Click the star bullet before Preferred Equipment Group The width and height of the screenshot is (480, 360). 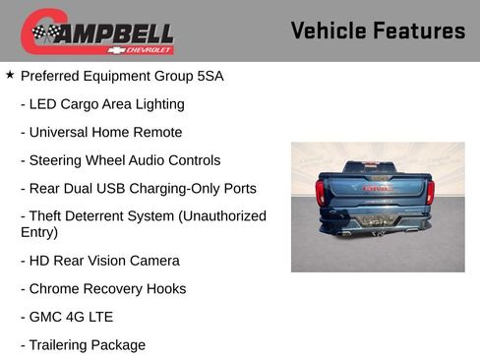click(10, 75)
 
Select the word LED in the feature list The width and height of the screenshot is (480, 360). click(44, 104)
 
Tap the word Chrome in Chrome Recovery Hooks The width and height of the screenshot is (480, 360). click(54, 289)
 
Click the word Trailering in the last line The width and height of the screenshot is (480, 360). click(61, 345)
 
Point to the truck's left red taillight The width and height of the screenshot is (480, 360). click(321, 191)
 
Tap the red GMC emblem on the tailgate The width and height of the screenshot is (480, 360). click(377, 186)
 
